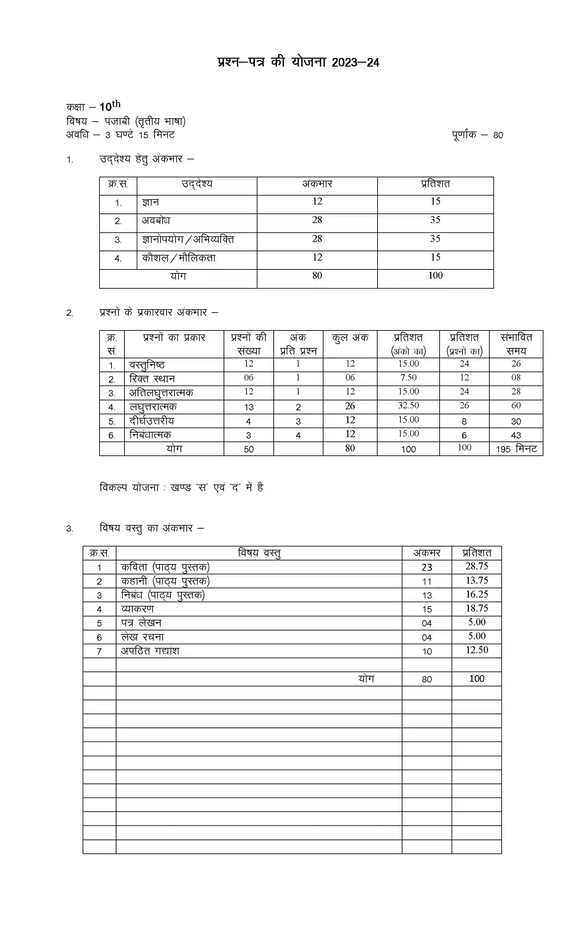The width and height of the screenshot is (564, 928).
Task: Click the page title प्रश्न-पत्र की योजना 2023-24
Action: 298,62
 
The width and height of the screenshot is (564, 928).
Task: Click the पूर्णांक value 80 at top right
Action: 498,135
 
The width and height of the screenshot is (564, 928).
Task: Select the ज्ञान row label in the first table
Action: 150,203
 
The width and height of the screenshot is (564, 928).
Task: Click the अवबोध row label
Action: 156,221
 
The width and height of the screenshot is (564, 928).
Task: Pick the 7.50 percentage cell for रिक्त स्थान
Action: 408,378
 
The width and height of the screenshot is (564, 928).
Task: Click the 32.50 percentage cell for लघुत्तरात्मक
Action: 408,406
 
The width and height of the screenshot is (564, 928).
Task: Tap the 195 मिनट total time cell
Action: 516,449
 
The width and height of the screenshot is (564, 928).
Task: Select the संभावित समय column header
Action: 516,344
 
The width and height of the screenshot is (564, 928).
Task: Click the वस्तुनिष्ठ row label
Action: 147,365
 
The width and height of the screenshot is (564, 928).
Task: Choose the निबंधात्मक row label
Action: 150,435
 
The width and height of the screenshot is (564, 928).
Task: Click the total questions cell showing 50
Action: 248,449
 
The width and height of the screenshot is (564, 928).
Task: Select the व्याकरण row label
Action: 137,609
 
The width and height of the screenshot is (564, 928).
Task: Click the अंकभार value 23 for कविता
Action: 426,567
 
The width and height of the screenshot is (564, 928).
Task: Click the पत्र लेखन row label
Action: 141,623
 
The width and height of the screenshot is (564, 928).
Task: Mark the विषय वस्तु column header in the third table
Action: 259,553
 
